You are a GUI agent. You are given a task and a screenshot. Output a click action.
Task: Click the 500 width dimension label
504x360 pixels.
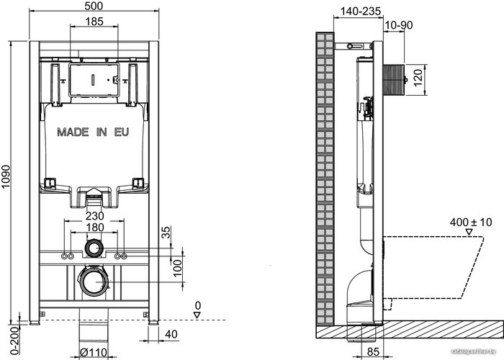(94, 6)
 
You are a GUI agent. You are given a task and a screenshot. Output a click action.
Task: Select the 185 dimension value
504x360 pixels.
(94, 22)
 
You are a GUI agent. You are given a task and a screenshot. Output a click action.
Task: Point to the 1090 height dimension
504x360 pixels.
(6, 181)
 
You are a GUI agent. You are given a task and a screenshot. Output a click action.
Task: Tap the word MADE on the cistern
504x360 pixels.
(73, 132)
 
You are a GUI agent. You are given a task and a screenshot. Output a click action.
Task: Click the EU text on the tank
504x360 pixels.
(122, 132)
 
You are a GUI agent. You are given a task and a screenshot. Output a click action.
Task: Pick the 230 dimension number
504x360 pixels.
(94, 216)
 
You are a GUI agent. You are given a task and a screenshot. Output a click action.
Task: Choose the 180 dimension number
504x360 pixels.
(94, 228)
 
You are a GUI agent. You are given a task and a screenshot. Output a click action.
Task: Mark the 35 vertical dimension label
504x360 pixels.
(166, 233)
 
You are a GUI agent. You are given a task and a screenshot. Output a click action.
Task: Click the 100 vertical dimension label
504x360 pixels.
(177, 268)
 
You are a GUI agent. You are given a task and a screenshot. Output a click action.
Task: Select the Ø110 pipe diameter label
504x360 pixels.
(93, 353)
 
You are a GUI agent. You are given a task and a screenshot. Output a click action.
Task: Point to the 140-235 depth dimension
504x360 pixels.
(361, 12)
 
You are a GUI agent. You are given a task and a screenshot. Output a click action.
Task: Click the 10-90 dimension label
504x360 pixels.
(399, 25)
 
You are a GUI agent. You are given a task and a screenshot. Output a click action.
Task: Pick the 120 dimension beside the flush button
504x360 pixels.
(417, 78)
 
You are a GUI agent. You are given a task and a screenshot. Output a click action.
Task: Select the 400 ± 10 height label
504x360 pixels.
(471, 222)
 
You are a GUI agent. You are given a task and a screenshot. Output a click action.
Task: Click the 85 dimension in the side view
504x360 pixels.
(373, 352)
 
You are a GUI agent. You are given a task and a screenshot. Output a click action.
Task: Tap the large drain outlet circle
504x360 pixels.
(94, 281)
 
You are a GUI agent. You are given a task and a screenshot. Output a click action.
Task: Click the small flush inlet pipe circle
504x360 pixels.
(94, 248)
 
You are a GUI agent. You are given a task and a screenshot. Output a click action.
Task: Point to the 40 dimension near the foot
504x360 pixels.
(171, 334)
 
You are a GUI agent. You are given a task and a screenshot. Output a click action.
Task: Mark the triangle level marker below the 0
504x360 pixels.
(197, 315)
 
